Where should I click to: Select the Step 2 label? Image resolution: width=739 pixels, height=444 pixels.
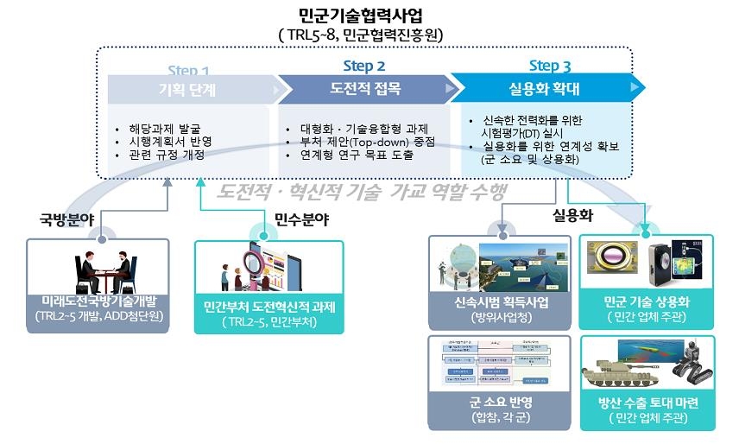[x=363, y=66]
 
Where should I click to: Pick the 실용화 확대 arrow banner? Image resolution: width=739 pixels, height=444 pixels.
[x=545, y=88]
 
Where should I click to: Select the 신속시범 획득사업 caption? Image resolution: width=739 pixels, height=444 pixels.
[x=501, y=302]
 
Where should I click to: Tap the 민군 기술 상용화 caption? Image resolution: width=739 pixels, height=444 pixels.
[x=647, y=302]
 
